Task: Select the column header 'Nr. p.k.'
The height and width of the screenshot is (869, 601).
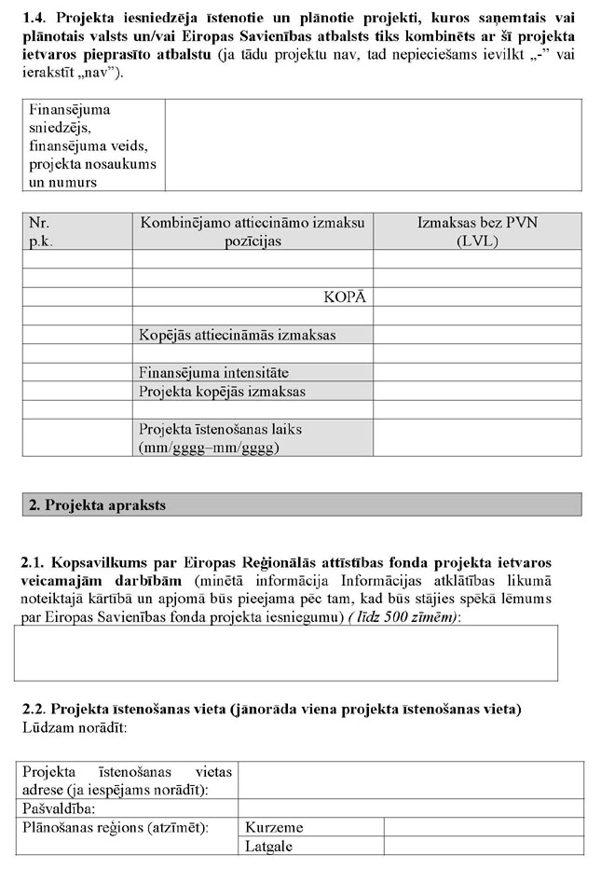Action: coord(40,231)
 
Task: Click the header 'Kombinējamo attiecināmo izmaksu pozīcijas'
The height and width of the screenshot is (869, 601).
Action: coord(253,231)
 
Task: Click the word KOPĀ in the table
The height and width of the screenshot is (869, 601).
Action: coord(344,297)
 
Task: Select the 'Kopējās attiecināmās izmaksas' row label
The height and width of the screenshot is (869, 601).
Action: coord(237,335)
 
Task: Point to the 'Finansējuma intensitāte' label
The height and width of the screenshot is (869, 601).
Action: coord(213,372)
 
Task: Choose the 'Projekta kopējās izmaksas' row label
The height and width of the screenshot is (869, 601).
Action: coord(222,392)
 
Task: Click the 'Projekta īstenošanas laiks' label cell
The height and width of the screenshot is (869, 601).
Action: coord(220,438)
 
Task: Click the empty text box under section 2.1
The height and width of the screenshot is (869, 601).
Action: coord(286,653)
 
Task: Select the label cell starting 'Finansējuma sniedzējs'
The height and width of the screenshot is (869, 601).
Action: coord(92,145)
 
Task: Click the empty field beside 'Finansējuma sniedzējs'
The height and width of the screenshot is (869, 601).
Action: coord(373,145)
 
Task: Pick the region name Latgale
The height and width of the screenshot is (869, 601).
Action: coord(269,847)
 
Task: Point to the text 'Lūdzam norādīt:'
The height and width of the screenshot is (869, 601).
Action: coord(73,726)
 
